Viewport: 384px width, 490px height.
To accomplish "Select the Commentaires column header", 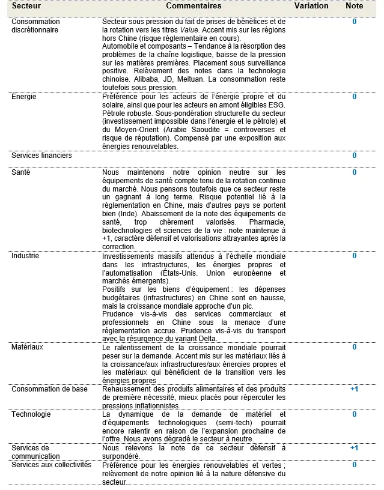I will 194,6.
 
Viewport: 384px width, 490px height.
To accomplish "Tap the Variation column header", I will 311,6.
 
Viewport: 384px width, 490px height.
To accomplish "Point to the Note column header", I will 355,6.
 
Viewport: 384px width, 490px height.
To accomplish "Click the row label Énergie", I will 24,97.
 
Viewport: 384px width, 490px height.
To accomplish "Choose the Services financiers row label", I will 41,156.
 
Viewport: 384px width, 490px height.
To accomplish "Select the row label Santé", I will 21,172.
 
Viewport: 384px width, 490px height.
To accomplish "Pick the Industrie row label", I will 25,256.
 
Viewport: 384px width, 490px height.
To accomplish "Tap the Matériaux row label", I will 27,347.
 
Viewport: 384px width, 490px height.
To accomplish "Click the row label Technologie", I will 31,414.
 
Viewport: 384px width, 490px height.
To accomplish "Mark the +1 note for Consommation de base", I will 354,389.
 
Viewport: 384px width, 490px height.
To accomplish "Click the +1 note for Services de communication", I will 354,448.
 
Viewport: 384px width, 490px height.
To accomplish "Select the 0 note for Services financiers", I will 355,156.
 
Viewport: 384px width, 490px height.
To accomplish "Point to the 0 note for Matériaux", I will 355,347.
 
